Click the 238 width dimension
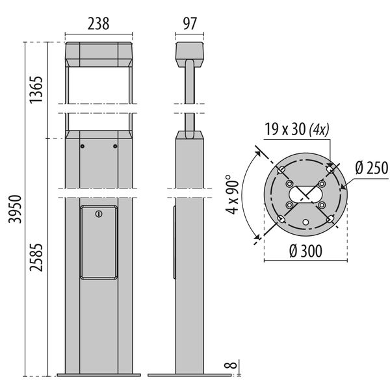pyautogui.click(x=99, y=24)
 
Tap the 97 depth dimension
pyautogui.click(x=190, y=24)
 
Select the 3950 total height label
pyautogui.click(x=15, y=209)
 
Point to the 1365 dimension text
pyautogui.click(x=36, y=90)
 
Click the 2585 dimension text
pyautogui.click(x=36, y=257)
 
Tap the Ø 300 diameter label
pyautogui.click(x=305, y=251)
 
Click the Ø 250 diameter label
pyautogui.click(x=372, y=168)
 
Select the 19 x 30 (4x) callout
pyautogui.click(x=297, y=129)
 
